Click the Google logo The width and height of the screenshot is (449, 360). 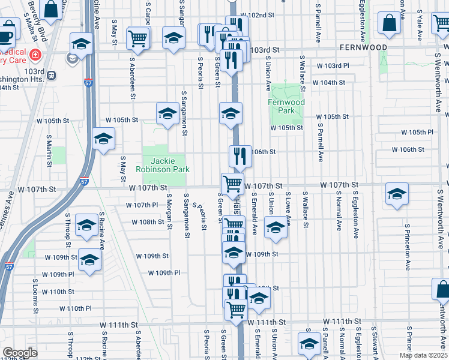[x=20, y=352]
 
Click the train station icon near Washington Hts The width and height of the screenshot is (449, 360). [x=51, y=76]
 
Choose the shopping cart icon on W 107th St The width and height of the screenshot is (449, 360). [x=232, y=184]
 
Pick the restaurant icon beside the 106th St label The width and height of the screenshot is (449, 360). [x=240, y=156]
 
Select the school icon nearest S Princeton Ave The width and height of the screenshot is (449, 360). [x=397, y=193]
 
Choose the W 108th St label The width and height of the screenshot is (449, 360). [x=148, y=222]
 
